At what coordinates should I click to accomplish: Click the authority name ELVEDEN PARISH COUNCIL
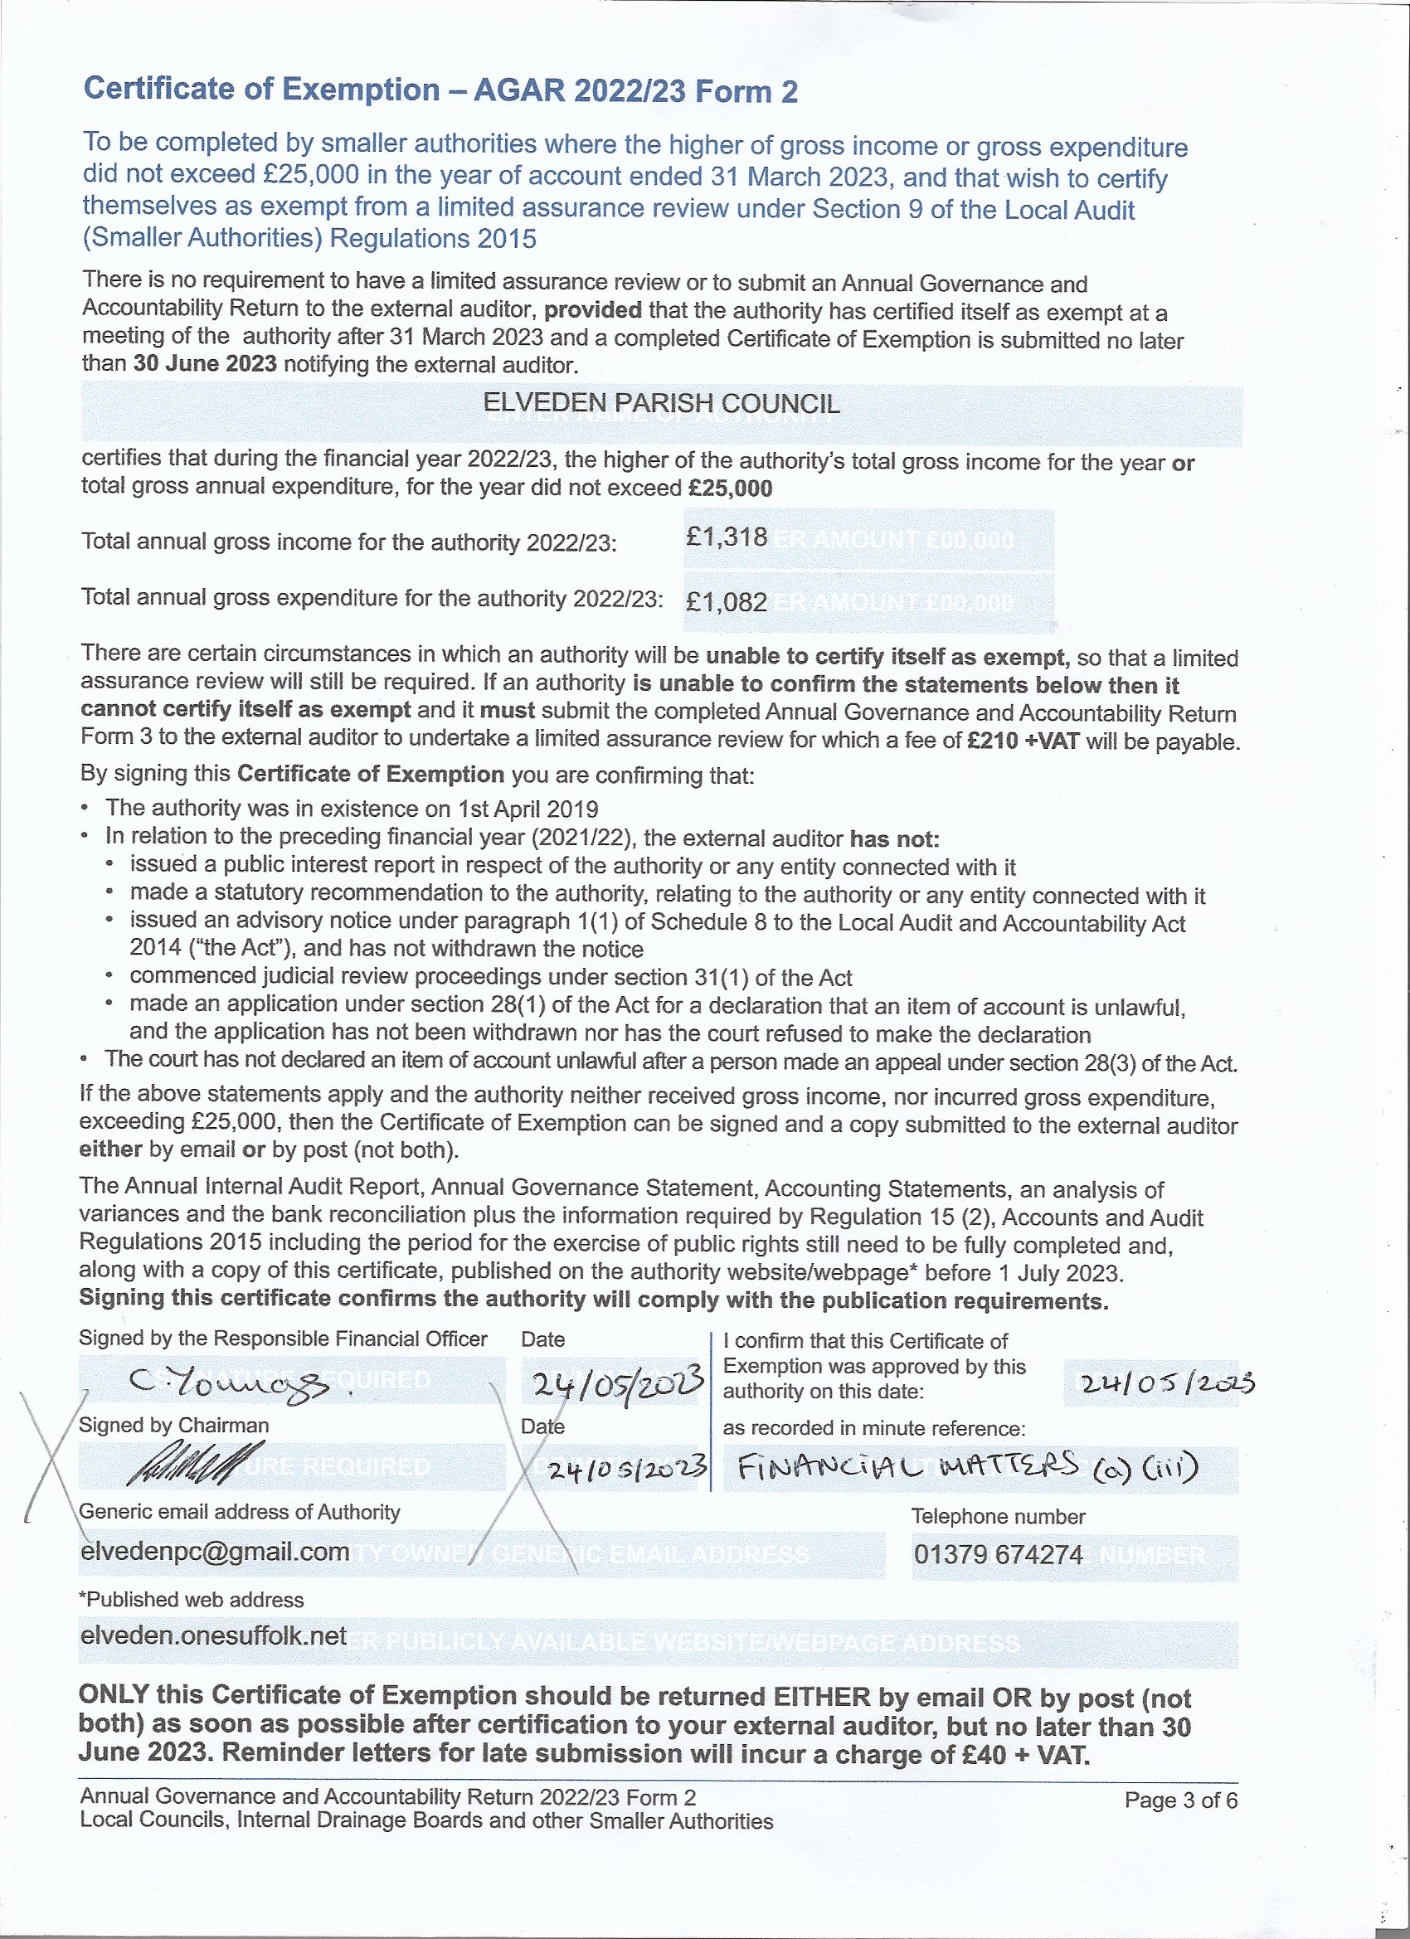click(661, 403)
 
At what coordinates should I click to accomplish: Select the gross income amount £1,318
click(726, 537)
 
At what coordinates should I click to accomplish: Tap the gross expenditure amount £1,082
click(726, 602)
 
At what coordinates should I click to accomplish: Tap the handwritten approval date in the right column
click(1168, 1383)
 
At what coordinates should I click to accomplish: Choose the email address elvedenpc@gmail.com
click(215, 1551)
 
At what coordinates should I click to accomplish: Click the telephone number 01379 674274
click(998, 1553)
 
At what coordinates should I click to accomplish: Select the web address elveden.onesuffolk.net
click(213, 1635)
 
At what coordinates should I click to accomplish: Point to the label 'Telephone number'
click(998, 1516)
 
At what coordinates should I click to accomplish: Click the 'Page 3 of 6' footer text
click(1180, 1800)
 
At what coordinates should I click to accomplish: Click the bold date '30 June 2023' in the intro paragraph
click(204, 363)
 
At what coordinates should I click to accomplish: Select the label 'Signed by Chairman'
click(173, 1425)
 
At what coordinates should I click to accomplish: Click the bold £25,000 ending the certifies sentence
click(729, 489)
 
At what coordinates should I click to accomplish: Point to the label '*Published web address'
click(191, 1599)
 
